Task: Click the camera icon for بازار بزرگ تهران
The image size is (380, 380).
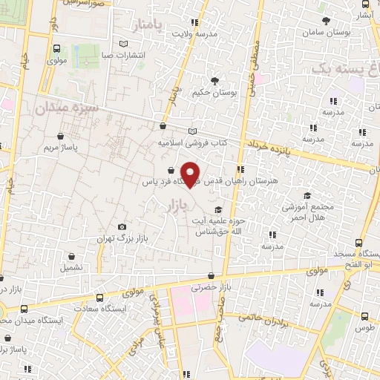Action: pos(122,227)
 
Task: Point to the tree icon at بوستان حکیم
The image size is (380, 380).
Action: pos(214,81)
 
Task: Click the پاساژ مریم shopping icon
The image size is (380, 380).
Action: pos(60,136)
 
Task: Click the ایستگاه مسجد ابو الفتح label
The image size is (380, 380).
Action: pos(356,258)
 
